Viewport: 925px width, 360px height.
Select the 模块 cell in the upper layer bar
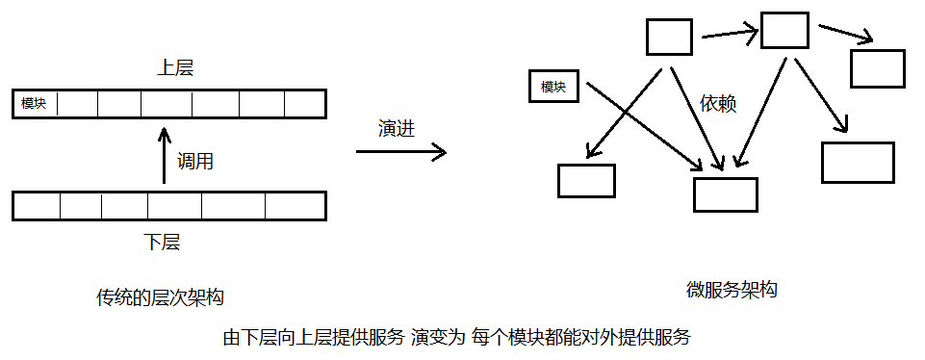tap(35, 103)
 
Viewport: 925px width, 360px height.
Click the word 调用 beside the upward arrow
tap(194, 162)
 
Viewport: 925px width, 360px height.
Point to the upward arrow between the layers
tap(163, 154)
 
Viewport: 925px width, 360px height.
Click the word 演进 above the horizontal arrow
tap(397, 128)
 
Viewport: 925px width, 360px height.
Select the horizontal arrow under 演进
tap(400, 151)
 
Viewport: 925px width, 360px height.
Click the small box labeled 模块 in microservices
tap(552, 87)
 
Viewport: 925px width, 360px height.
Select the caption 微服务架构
tap(732, 290)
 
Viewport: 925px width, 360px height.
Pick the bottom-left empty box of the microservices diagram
tap(586, 180)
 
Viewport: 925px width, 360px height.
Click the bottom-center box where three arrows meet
tap(726, 193)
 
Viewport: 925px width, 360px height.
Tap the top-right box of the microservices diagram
tap(877, 68)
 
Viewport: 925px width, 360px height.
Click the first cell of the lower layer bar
tap(38, 206)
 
